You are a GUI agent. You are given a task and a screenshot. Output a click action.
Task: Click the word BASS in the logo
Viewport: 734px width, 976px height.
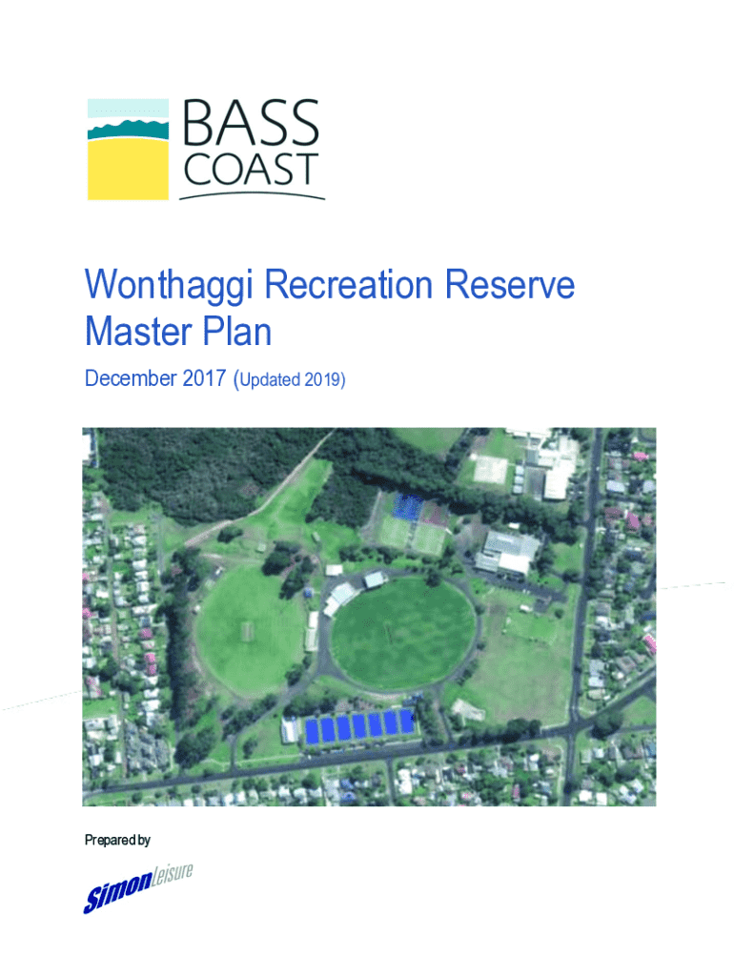pos(251,122)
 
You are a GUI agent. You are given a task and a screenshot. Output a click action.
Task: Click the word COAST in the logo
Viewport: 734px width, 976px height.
pos(251,169)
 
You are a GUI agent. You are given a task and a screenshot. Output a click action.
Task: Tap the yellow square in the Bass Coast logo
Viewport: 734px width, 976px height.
pos(129,170)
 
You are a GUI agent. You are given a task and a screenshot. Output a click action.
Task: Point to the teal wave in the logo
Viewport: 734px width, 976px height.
pos(129,130)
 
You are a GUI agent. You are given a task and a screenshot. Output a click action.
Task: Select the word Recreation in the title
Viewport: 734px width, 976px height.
pos(349,285)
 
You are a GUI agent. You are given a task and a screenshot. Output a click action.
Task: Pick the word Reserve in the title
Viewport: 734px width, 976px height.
pos(509,285)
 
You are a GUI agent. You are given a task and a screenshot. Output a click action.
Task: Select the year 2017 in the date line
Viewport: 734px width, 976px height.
pos(204,378)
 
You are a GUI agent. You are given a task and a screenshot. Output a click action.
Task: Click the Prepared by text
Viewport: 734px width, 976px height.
pos(117,841)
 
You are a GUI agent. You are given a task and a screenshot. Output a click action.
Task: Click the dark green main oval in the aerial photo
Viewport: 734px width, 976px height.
pos(403,633)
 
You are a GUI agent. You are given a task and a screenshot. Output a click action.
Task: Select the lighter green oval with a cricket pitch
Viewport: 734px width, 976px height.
pos(249,632)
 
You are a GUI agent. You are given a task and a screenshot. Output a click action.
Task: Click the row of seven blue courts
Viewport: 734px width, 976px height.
pos(359,725)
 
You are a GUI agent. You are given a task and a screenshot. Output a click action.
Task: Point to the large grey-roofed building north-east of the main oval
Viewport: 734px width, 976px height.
pos(507,553)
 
